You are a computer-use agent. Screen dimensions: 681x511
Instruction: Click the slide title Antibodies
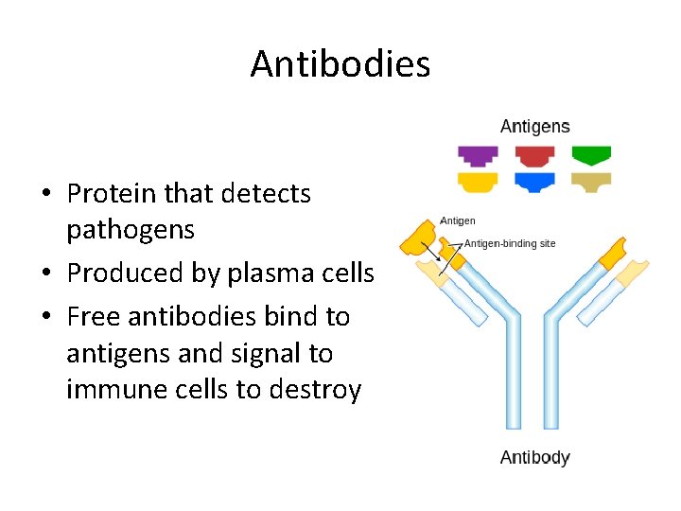pos(340,64)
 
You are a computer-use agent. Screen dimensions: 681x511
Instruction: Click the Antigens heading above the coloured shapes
pos(534,127)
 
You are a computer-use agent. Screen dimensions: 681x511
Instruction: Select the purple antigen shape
pos(478,155)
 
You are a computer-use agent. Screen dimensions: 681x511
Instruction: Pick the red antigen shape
pos(535,155)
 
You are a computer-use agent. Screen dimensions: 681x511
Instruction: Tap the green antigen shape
pos(592,155)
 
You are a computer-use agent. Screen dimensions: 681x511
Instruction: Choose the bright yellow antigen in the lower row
pos(478,182)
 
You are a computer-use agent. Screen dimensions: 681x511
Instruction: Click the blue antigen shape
pos(535,182)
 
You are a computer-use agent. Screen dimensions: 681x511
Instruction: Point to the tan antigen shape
pos(592,182)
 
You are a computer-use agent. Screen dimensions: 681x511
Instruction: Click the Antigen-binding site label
pos(510,243)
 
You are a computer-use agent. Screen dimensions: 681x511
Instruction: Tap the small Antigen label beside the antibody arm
pos(458,220)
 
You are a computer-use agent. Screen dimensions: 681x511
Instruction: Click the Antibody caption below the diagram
pos(534,458)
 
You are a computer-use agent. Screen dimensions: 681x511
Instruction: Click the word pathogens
pos(131,230)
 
